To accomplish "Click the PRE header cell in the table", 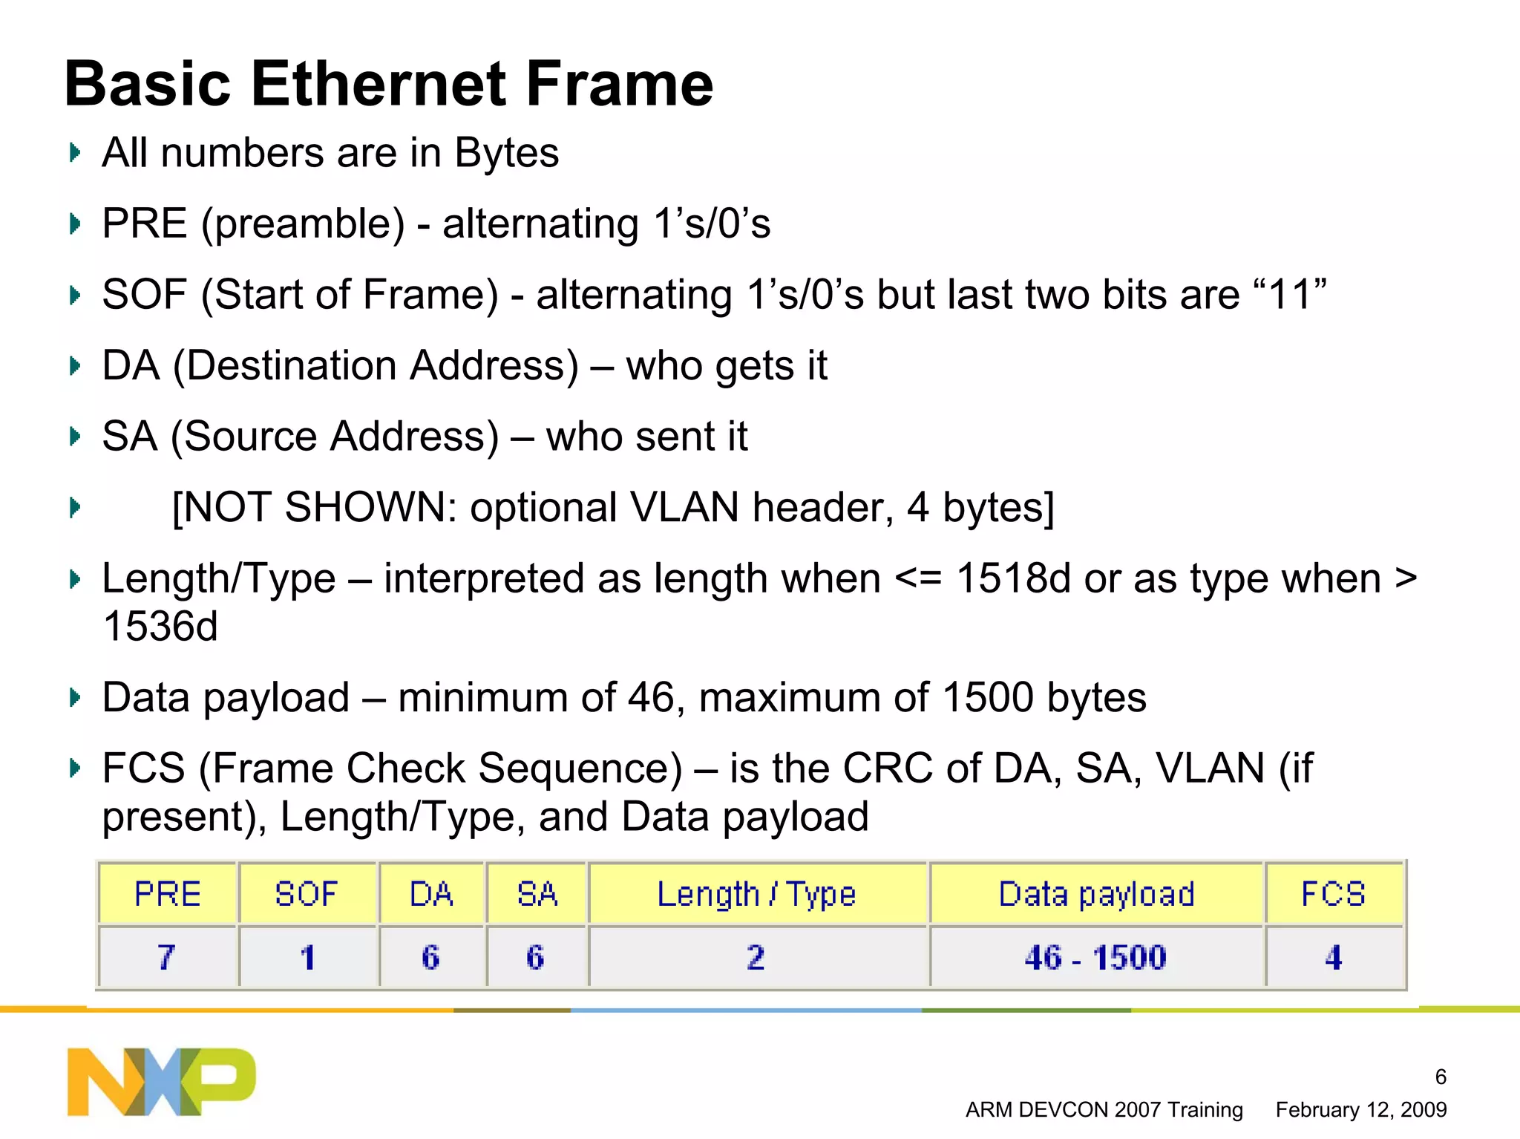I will pyautogui.click(x=168, y=893).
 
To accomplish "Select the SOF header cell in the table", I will pyautogui.click(x=307, y=893).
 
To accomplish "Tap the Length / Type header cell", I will pyautogui.click(x=757, y=893).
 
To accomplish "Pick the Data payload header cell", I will pyautogui.click(x=1096, y=893).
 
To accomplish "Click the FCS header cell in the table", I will pyautogui.click(x=1333, y=893).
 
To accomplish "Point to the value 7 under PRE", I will pyautogui.click(x=166, y=957).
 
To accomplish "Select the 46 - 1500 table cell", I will pyautogui.click(x=1095, y=957).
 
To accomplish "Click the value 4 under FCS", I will pyautogui.click(x=1333, y=957).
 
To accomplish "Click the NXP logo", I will pyautogui.click(x=161, y=1081).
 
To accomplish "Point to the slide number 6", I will pyautogui.click(x=1441, y=1077).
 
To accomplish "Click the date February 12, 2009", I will pyautogui.click(x=1360, y=1110).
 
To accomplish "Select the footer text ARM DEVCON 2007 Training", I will pyautogui.click(x=1104, y=1110).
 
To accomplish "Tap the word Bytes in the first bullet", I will pyautogui.click(x=506, y=153).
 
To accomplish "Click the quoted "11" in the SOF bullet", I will pyautogui.click(x=1292, y=294).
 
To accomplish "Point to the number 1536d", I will pyautogui.click(x=160, y=626).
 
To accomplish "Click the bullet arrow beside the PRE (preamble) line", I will pyautogui.click(x=74, y=223).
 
